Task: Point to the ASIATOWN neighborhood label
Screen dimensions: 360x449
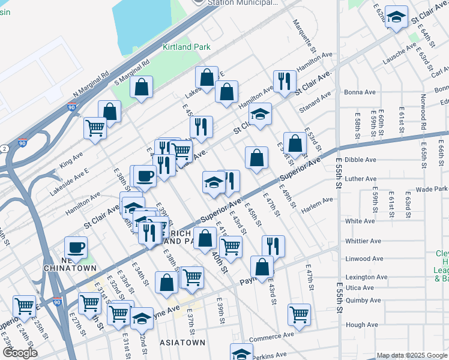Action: (183, 343)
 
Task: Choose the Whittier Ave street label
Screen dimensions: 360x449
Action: (363, 241)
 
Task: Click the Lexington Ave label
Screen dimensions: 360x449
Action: (366, 277)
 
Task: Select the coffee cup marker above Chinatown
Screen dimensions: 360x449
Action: (76, 247)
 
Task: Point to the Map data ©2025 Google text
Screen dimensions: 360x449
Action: (411, 355)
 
